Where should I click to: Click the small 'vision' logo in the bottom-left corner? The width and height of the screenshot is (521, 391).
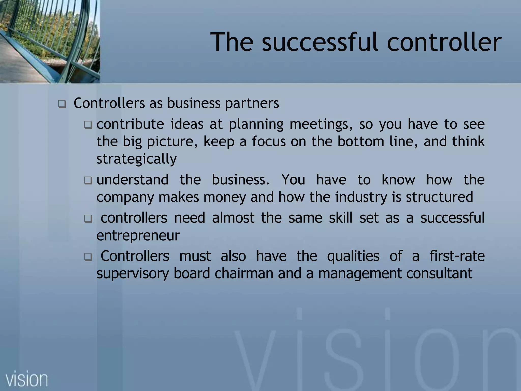(27, 379)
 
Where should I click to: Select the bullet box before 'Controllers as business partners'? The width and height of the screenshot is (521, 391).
(62, 104)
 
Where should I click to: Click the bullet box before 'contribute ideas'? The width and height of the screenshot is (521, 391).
(88, 125)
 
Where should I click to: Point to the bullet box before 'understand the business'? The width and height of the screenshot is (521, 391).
(88, 181)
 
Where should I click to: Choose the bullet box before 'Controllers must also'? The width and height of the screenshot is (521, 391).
(88, 257)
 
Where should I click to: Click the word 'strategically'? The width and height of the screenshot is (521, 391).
(137, 159)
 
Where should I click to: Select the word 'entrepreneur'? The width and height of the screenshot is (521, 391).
(138, 235)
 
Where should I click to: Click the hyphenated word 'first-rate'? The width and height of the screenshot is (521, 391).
(457, 256)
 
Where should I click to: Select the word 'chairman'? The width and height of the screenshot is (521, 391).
(244, 273)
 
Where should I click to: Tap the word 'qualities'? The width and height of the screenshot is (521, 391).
(353, 256)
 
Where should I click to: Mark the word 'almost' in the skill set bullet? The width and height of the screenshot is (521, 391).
(233, 218)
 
